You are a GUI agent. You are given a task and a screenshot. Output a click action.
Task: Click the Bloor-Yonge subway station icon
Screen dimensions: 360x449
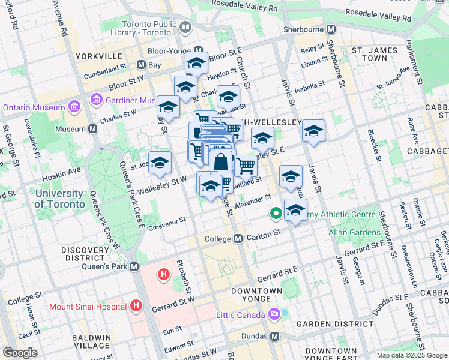199,50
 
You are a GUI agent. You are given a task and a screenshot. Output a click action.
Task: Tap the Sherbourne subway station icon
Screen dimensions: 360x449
331,29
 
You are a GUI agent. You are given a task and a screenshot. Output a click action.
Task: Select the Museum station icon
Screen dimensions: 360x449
93,129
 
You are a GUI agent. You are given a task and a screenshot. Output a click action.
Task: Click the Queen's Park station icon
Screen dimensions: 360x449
134,266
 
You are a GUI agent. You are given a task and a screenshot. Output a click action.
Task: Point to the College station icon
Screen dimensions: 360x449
238,239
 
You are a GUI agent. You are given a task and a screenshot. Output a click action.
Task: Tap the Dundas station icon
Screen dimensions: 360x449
275,336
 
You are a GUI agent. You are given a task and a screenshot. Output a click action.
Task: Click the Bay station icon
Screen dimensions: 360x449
142,64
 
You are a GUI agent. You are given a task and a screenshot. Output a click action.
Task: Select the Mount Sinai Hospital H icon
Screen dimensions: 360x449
136,306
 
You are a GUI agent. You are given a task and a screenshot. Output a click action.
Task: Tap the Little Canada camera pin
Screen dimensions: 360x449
274,314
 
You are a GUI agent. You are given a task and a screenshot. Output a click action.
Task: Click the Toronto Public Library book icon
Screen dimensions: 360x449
185,28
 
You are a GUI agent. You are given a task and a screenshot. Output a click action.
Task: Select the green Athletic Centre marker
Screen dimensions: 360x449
276,213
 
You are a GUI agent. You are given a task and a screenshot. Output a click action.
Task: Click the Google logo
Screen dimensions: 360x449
20,353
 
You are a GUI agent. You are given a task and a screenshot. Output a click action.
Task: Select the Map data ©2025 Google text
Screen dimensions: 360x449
412,355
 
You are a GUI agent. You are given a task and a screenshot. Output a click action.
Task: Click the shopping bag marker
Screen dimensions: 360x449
221,162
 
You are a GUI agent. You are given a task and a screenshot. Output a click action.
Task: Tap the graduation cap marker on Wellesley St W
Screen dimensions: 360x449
160,163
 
